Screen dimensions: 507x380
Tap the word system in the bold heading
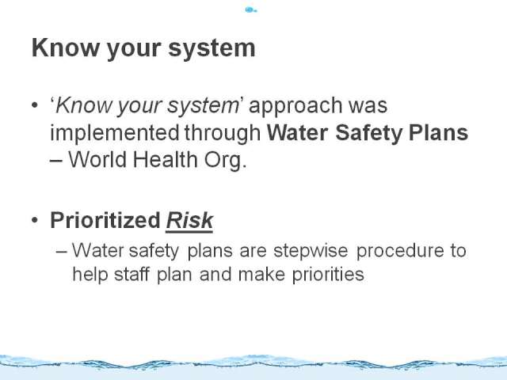tap(212, 48)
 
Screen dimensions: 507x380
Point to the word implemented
tap(114, 132)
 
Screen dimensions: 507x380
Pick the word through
tap(223, 133)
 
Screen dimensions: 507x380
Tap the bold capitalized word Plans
tap(438, 132)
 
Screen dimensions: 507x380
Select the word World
tap(97, 159)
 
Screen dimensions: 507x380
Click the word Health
tap(165, 159)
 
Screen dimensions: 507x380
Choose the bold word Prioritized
tap(105, 220)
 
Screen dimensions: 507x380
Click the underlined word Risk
tap(189, 221)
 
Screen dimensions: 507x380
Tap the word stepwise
tap(311, 251)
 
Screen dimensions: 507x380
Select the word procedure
tap(400, 251)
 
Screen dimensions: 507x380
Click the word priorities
tap(328, 275)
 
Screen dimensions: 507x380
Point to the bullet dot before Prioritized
tap(35, 220)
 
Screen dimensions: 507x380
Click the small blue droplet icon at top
tap(250, 10)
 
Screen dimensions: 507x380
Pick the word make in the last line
tap(261, 274)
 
